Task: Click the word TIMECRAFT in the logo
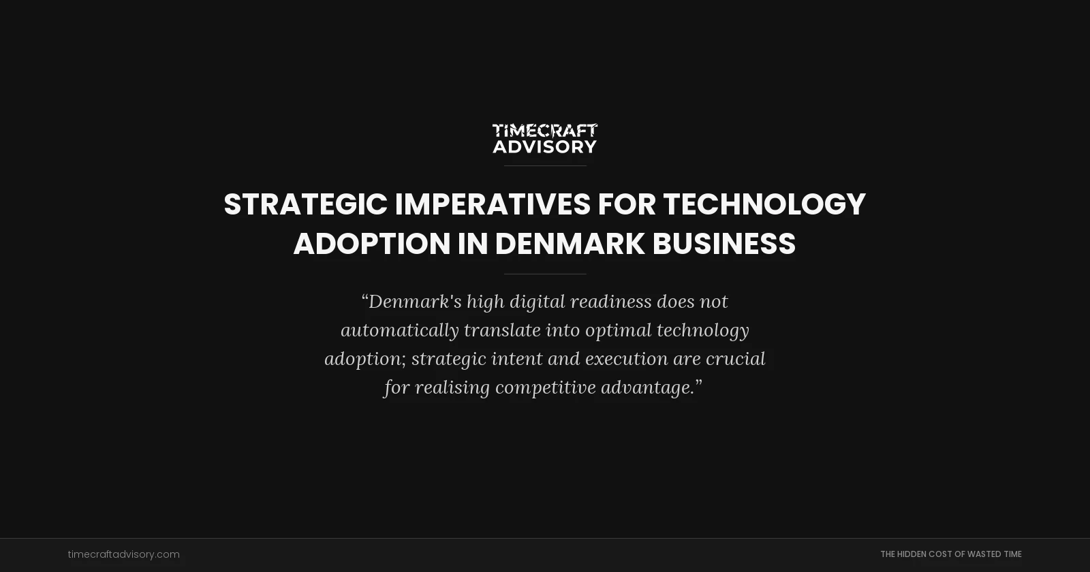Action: click(544, 130)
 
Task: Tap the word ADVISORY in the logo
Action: click(544, 146)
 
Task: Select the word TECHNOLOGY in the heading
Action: click(764, 204)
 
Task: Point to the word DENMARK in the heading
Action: click(570, 244)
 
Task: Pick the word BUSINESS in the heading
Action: click(723, 244)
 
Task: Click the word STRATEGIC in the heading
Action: click(305, 204)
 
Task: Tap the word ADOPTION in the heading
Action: click(372, 244)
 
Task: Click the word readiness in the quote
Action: click(610, 302)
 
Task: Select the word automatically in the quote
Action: click(400, 330)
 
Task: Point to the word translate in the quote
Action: click(502, 330)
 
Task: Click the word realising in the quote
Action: click(452, 387)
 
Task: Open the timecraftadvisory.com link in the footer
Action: click(123, 554)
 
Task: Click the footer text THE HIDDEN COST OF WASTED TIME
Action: click(950, 554)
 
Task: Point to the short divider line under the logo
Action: click(545, 165)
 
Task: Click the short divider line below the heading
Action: click(545, 274)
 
